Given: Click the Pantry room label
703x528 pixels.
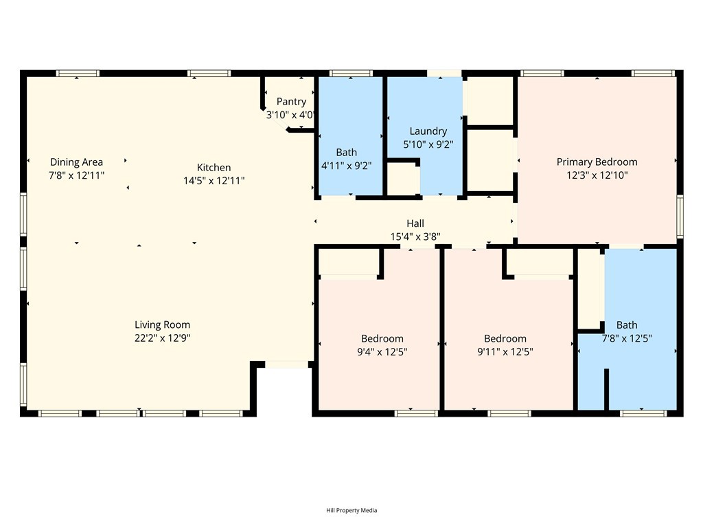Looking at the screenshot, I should click(291, 102).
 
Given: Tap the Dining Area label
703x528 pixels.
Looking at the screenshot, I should click(76, 162).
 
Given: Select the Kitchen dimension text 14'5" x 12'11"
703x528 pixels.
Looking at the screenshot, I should click(214, 180).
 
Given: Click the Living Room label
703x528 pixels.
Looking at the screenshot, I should click(162, 324).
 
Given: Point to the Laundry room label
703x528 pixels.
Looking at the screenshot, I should click(428, 131).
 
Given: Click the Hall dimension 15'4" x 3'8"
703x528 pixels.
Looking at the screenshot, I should click(415, 236).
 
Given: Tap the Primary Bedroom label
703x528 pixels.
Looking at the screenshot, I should click(597, 162).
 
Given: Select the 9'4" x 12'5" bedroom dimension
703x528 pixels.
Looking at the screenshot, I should click(382, 351).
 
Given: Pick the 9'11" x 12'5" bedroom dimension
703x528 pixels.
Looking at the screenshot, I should click(505, 351).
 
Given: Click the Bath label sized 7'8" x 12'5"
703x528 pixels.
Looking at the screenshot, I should click(626, 325).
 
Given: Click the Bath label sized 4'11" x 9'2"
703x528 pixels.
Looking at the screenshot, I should click(346, 153).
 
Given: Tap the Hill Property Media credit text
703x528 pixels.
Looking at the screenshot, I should click(351, 510).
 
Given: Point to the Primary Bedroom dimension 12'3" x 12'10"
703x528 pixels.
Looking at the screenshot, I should click(597, 175).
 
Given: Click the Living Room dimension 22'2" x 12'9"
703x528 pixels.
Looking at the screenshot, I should click(162, 338).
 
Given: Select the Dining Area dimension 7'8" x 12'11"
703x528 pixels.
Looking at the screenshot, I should click(76, 175).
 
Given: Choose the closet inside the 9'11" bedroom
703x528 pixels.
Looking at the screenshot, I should click(540, 262).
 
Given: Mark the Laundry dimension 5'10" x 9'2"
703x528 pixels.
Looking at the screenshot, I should click(428, 144).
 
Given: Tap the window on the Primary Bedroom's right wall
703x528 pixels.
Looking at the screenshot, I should click(680, 217).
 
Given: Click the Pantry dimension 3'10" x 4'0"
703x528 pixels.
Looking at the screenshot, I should click(291, 115).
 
